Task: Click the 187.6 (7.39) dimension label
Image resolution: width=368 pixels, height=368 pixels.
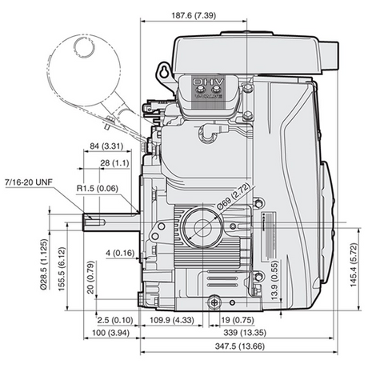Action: pos(194,15)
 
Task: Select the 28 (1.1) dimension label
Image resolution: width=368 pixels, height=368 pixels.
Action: pos(114,162)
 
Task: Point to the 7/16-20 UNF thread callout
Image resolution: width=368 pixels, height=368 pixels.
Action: pos(29,182)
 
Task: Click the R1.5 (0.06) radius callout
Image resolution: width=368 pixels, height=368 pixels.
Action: pos(98,188)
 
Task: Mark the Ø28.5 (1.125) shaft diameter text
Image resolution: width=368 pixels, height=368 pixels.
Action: pos(44,264)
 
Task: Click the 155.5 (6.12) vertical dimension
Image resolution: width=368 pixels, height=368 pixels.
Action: pos(62,269)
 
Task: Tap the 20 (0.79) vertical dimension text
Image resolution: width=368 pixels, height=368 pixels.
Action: pos(91,278)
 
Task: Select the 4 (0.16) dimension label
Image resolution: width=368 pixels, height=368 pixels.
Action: pos(120,253)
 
